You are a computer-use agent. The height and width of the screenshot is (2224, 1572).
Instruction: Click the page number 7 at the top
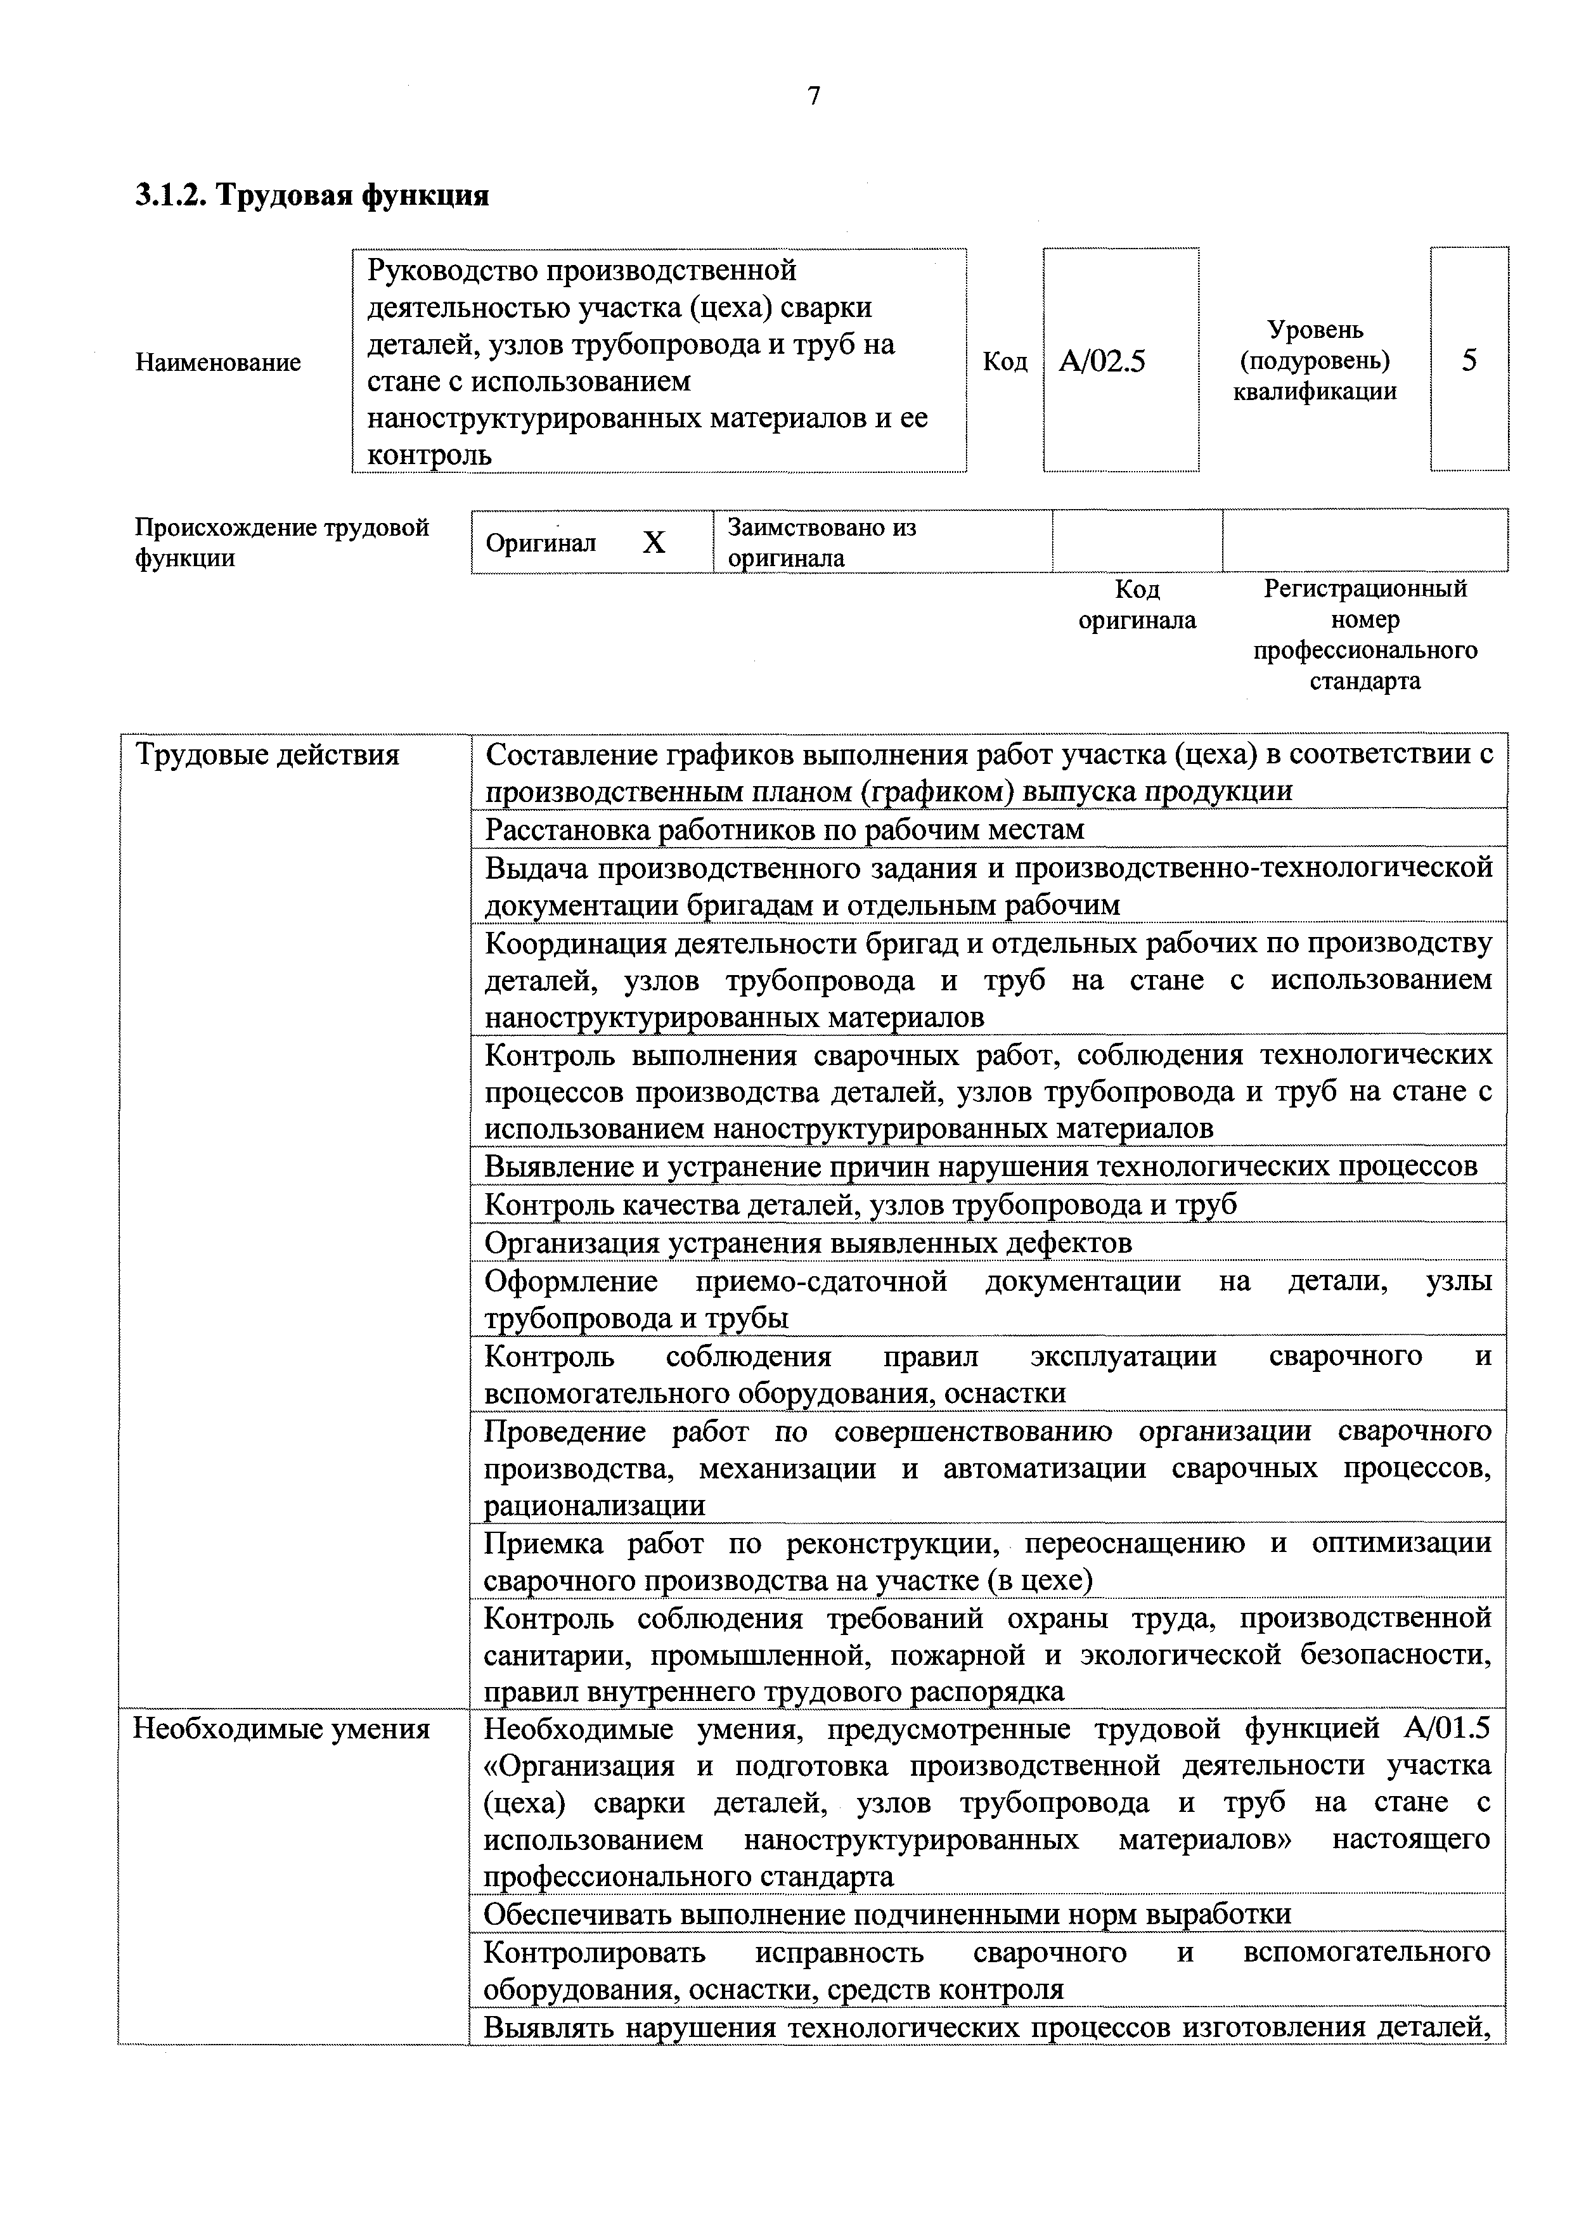click(814, 96)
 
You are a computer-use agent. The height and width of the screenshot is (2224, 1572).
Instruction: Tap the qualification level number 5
click(1469, 360)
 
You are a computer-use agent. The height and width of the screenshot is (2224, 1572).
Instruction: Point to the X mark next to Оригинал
click(655, 543)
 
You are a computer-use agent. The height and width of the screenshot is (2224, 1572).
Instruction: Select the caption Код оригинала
click(1137, 604)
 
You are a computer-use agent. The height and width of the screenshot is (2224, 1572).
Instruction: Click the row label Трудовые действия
click(266, 754)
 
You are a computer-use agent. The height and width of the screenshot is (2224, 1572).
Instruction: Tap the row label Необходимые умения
click(281, 1729)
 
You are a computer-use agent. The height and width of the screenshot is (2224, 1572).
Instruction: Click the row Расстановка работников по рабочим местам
click(783, 830)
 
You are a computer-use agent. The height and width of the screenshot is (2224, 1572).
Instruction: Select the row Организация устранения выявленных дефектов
click(808, 1243)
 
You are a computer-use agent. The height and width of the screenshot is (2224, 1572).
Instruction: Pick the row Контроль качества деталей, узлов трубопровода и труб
click(860, 1205)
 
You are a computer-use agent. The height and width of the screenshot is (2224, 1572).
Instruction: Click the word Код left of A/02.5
click(1005, 361)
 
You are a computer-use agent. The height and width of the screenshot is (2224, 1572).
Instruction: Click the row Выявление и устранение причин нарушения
click(980, 1167)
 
